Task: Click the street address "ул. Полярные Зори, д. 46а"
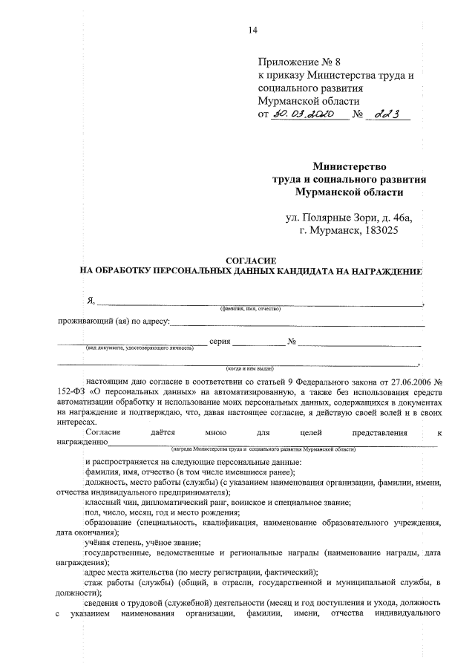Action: coord(348,218)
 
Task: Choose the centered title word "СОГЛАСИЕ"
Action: coord(251,261)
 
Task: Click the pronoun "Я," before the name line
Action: coord(91,300)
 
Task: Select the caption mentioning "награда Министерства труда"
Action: coord(263,449)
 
